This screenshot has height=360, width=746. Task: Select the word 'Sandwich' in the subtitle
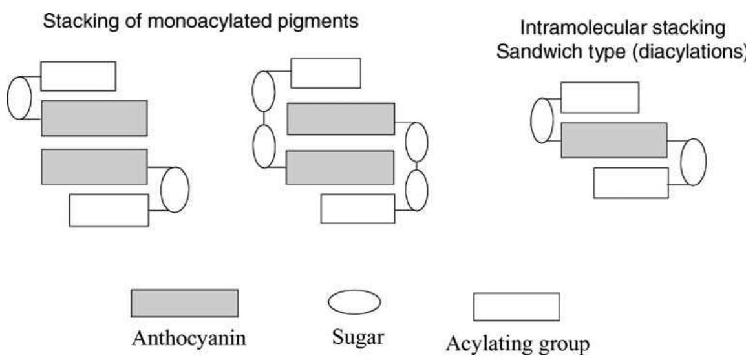[539, 52]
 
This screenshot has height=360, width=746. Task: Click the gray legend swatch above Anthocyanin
[184, 303]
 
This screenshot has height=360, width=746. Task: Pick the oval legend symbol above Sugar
[354, 302]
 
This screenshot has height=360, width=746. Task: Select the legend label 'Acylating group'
[517, 341]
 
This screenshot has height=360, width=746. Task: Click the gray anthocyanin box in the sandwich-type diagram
[613, 140]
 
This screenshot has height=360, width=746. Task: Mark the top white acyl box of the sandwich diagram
[599, 98]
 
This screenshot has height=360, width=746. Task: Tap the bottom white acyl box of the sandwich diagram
[631, 183]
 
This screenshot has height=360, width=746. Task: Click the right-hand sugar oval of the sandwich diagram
[693, 162]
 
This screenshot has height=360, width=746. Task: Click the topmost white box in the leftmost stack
[78, 76]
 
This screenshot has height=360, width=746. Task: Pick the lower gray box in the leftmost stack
[94, 167]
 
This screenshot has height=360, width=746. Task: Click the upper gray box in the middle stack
[340, 119]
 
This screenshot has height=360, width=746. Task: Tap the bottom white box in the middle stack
[357, 208]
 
